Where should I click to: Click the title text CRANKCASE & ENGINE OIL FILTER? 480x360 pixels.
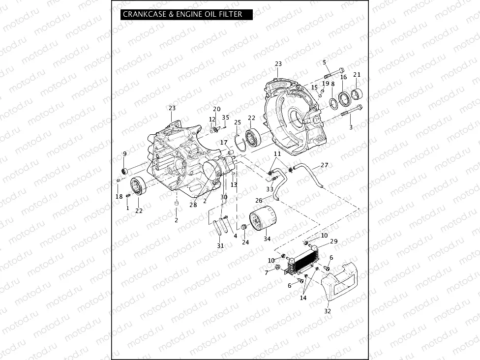click(182, 14)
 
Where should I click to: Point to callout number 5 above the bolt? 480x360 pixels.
click(324, 62)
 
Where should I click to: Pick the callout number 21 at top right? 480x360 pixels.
click(357, 75)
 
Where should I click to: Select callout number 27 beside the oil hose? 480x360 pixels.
click(324, 165)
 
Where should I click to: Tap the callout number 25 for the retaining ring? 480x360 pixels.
click(238, 122)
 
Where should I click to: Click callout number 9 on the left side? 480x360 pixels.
click(124, 154)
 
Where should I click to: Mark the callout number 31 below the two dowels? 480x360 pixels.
click(220, 245)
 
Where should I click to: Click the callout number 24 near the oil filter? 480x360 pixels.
click(245, 242)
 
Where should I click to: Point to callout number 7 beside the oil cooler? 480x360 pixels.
click(267, 272)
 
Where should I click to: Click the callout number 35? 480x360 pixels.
click(225, 117)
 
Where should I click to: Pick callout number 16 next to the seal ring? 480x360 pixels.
click(343, 77)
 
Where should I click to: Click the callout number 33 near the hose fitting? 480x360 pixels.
click(270, 189)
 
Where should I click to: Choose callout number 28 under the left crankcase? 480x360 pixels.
click(193, 205)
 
